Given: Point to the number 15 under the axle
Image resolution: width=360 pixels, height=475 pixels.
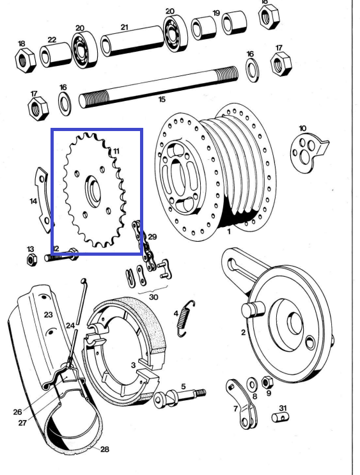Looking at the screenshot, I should pos(162,99).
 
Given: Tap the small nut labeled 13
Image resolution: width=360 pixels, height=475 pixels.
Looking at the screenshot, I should pos(30,259).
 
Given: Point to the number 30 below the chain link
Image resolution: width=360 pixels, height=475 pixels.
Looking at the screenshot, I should pos(153,296).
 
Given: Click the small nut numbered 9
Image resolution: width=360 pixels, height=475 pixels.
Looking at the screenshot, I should pos(269,382).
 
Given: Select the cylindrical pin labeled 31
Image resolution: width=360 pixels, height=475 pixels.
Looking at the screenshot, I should pos(279,417).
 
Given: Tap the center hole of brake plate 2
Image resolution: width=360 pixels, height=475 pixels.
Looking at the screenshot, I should pos(294,323).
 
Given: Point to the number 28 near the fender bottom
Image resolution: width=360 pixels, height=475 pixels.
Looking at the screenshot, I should pos(105,449).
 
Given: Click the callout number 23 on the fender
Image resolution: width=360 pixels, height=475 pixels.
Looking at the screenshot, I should pos(48,315).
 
